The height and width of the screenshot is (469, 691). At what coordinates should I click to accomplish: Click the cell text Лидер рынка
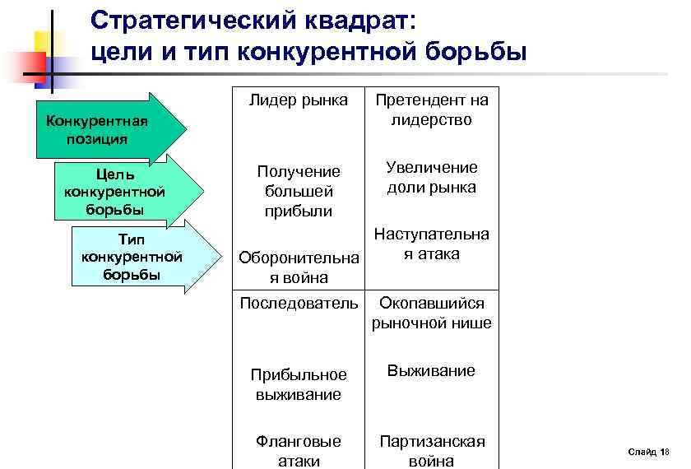pos(299,100)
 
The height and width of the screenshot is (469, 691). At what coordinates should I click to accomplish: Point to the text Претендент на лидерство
pos(432,110)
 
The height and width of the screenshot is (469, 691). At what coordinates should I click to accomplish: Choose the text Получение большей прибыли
pos(299,191)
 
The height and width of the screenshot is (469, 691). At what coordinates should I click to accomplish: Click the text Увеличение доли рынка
pos(432,177)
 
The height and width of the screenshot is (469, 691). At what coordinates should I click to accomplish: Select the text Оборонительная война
pos(299,268)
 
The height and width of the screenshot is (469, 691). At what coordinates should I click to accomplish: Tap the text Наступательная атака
pos(432,244)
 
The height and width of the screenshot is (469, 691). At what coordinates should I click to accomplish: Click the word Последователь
pos(299,304)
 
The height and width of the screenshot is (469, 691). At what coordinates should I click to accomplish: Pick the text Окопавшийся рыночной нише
pos(432,313)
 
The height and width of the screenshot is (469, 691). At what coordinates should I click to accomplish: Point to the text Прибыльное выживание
pos(299,384)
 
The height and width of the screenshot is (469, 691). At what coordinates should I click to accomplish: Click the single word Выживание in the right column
pos(432,371)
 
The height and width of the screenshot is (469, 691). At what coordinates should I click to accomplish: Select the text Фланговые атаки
pos(299,451)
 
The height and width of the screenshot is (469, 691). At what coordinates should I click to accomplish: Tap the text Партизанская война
pos(432,451)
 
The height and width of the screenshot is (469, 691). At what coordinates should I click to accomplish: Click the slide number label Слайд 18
pos(648,452)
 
